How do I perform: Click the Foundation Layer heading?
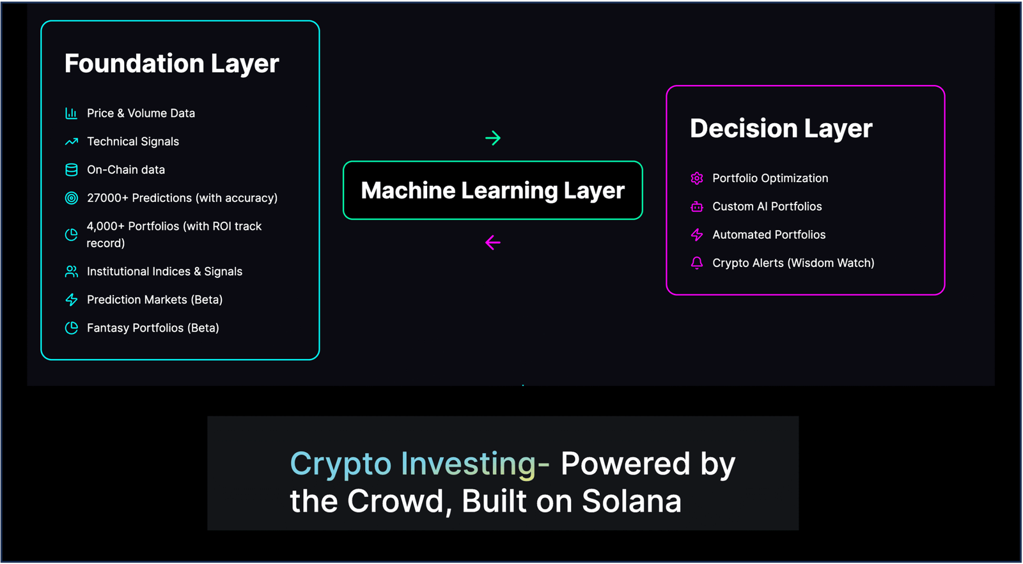click(172, 63)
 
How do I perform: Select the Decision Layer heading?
click(781, 128)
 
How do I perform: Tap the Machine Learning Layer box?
click(493, 190)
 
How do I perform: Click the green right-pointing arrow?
click(493, 138)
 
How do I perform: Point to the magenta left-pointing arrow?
click(493, 242)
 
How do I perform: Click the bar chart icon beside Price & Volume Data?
click(71, 113)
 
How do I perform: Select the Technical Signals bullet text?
click(133, 141)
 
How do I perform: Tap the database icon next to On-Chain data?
click(71, 170)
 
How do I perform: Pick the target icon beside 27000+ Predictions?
click(71, 198)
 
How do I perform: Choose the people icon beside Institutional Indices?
click(71, 271)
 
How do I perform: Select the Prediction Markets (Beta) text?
click(155, 300)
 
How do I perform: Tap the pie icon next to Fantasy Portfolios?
click(71, 328)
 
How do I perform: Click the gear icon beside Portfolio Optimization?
click(697, 178)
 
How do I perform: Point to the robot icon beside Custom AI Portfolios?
click(697, 207)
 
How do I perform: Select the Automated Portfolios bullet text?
click(769, 234)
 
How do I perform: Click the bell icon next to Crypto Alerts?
click(697, 263)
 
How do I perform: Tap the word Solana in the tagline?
click(632, 501)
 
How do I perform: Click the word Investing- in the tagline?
click(475, 464)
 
